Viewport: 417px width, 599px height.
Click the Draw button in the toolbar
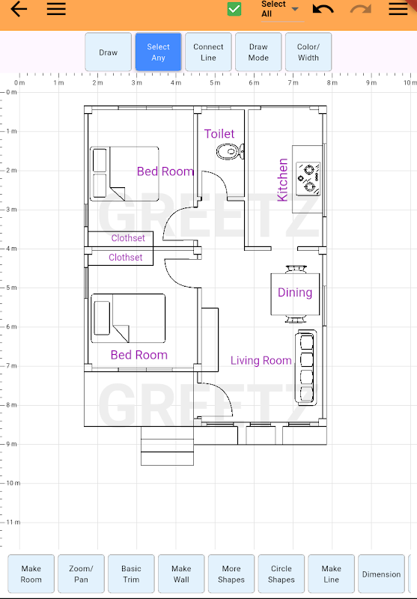[108, 52]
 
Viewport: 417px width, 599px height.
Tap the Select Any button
[158, 52]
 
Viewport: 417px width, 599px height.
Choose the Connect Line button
[208, 52]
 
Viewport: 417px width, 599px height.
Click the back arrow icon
[19, 9]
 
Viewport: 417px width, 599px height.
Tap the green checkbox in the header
[234, 9]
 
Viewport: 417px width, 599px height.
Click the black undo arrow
[323, 9]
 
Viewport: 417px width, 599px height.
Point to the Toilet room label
[219, 134]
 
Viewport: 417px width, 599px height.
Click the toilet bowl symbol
[231, 152]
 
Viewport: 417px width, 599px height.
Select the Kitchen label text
[282, 180]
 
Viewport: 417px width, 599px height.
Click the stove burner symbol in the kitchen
[308, 179]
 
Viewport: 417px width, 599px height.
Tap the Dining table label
[295, 292]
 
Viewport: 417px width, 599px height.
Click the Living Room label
[261, 360]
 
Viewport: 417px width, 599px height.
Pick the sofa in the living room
[305, 368]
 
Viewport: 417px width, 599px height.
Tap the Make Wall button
[181, 574]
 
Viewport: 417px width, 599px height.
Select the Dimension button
[381, 574]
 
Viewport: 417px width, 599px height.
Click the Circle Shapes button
[281, 574]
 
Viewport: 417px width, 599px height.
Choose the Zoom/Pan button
[81, 574]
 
